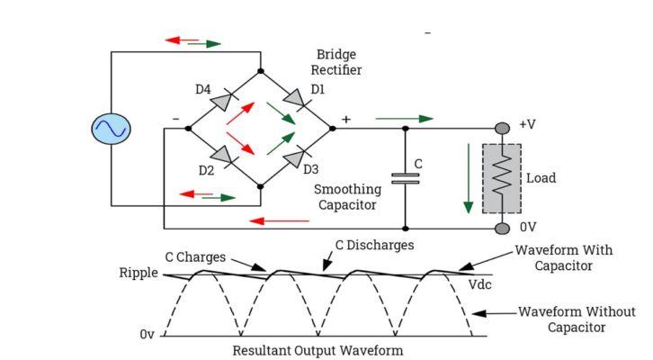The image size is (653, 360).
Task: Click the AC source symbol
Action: point(112,128)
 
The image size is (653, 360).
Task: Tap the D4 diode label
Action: point(204,89)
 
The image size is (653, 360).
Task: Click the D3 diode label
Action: point(311,168)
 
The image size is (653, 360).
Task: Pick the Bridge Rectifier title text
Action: point(335,61)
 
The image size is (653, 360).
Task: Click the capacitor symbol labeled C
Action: point(406,177)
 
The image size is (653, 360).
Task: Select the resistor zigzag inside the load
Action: point(501,178)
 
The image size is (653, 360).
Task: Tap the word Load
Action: point(541,178)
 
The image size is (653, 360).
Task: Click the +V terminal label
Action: point(528,124)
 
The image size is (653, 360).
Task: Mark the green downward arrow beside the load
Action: point(468,177)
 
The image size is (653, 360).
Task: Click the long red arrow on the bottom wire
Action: point(280,220)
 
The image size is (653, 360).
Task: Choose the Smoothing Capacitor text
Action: point(347,197)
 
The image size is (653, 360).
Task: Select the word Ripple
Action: point(138,273)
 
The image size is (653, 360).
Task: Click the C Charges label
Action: point(199,256)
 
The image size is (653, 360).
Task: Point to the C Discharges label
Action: point(374,244)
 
